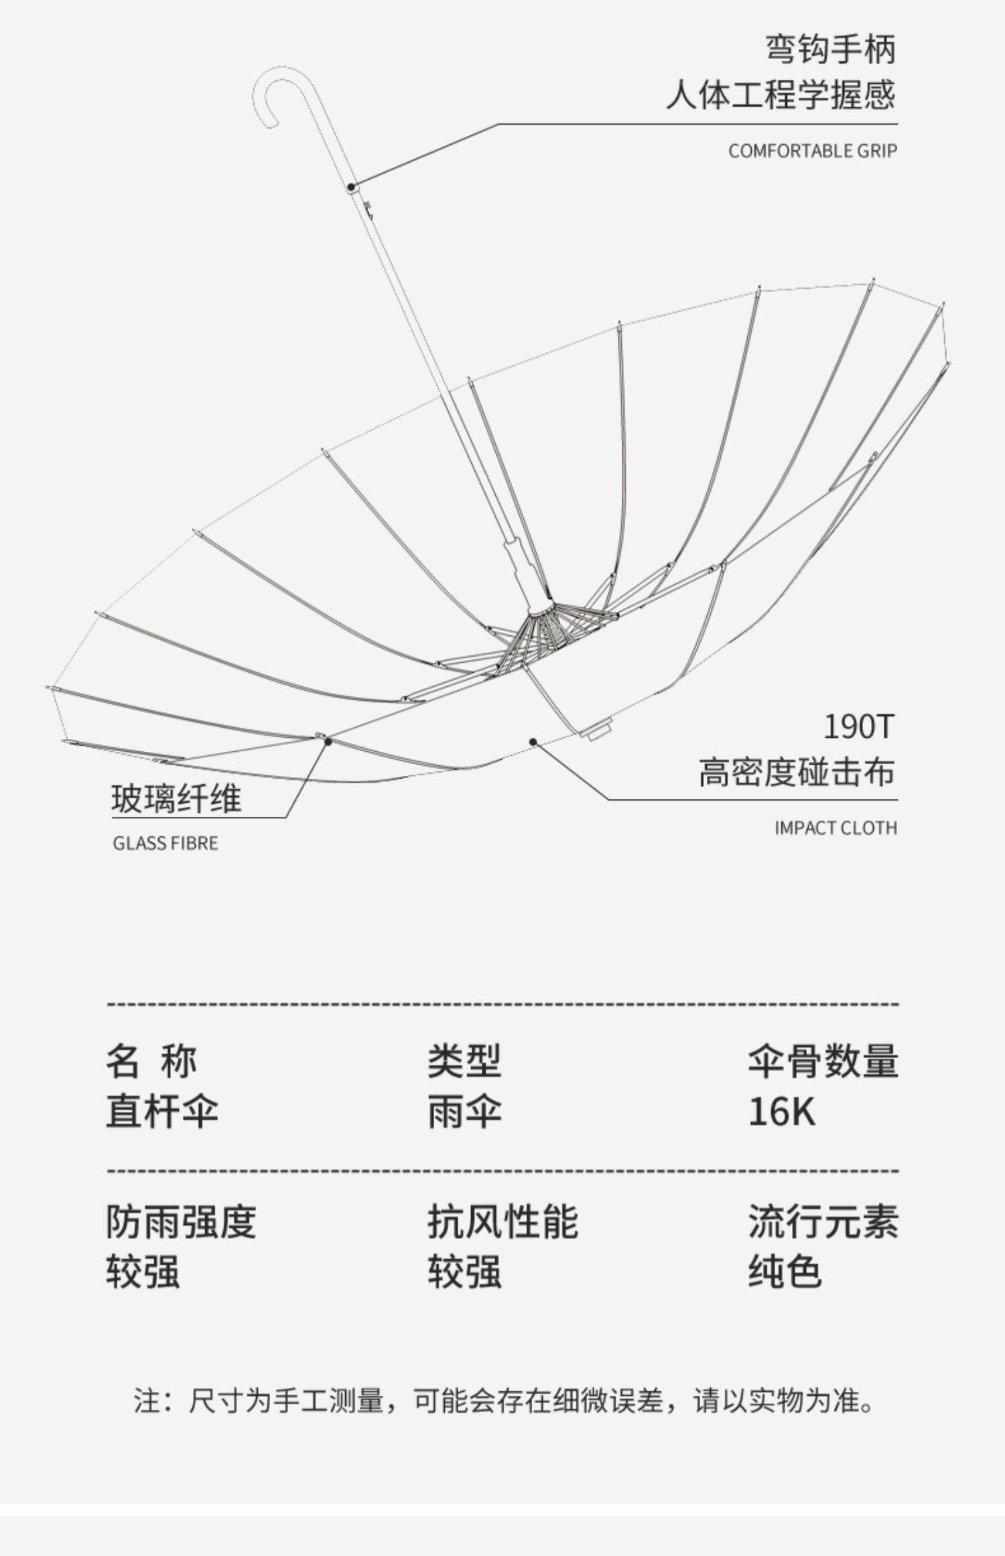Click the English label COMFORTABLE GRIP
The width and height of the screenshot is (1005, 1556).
pos(812,151)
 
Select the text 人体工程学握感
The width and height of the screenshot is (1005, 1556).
pos(781,95)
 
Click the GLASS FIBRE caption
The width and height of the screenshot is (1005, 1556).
pos(165,843)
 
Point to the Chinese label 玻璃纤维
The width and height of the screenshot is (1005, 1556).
pos(176,799)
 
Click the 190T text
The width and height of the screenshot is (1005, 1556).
pos(858,727)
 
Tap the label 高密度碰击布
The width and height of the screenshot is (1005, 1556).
pos(797,772)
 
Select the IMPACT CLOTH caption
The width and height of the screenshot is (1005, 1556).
pos(835,828)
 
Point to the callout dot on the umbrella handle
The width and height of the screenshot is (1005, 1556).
pos(351,186)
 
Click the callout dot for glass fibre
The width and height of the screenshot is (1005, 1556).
pos(328,742)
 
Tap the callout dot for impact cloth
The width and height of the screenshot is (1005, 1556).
pos(533,741)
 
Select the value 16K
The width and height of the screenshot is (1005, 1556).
pos(781,1112)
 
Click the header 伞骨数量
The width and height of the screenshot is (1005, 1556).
pos(823,1061)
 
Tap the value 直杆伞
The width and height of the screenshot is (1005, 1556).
pos(162,1112)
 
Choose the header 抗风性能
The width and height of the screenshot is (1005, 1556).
pos(503,1222)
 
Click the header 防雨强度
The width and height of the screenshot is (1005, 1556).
pos(181,1222)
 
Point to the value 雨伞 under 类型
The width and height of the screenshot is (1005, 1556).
pos(464,1112)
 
